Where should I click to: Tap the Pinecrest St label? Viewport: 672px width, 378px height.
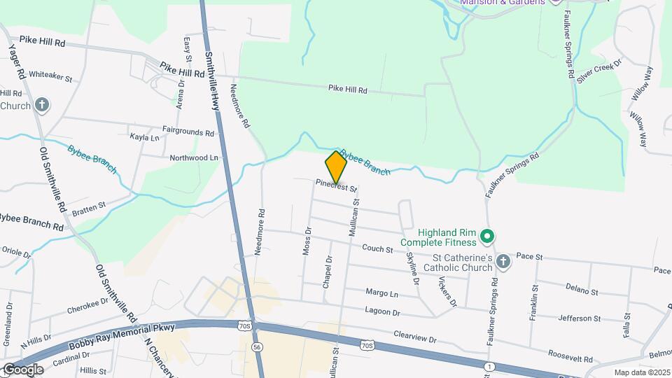pos(336,187)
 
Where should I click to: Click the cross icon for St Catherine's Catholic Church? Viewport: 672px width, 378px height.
pos(503,262)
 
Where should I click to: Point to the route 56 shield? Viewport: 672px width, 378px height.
pos(258,346)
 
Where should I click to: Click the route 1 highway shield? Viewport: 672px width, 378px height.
pos(489,366)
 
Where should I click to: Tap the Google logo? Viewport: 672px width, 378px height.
pos(22,369)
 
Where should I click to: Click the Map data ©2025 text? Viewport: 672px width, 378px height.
pos(642,372)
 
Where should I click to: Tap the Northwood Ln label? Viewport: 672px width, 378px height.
pos(194,158)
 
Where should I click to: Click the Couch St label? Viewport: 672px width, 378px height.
pos(379,248)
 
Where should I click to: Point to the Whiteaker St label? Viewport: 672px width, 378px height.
pos(50,74)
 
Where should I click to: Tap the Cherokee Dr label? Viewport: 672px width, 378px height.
pos(87,306)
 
